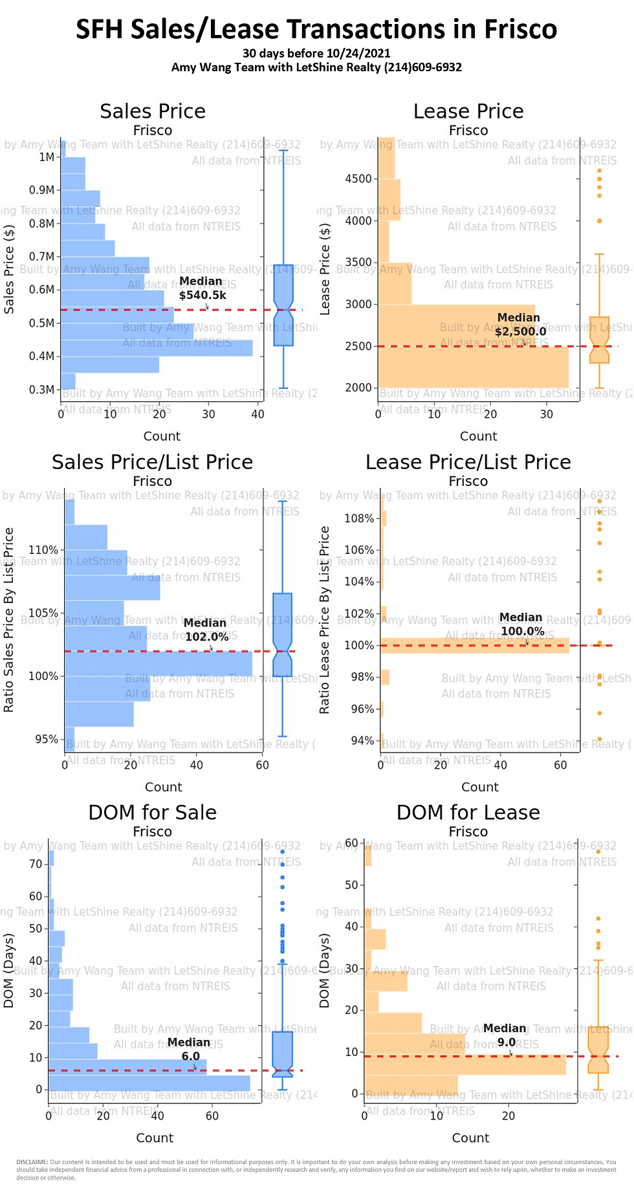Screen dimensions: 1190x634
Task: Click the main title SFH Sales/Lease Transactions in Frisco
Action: click(316, 29)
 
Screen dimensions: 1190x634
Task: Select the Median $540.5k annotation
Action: click(202, 288)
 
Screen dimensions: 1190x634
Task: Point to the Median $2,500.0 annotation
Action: click(520, 324)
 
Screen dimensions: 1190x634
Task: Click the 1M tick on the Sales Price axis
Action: click(47, 157)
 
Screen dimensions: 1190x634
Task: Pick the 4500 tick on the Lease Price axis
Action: click(358, 179)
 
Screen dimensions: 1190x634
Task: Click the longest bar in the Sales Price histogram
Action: click(157, 347)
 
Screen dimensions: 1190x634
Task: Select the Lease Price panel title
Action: click(468, 111)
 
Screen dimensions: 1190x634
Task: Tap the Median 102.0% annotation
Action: click(206, 630)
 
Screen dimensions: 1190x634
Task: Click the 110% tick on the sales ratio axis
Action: click(43, 550)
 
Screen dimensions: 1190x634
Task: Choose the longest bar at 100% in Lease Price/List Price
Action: click(475, 645)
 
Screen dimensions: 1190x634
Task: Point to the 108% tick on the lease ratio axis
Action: click(359, 518)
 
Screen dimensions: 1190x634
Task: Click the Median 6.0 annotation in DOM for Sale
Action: click(190, 1049)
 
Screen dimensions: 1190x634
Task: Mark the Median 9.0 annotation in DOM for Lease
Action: click(505, 1035)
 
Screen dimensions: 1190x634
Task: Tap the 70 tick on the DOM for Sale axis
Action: click(36, 864)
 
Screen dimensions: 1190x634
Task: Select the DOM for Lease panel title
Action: click(468, 812)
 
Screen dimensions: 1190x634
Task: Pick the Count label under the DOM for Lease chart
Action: click(470, 1138)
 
